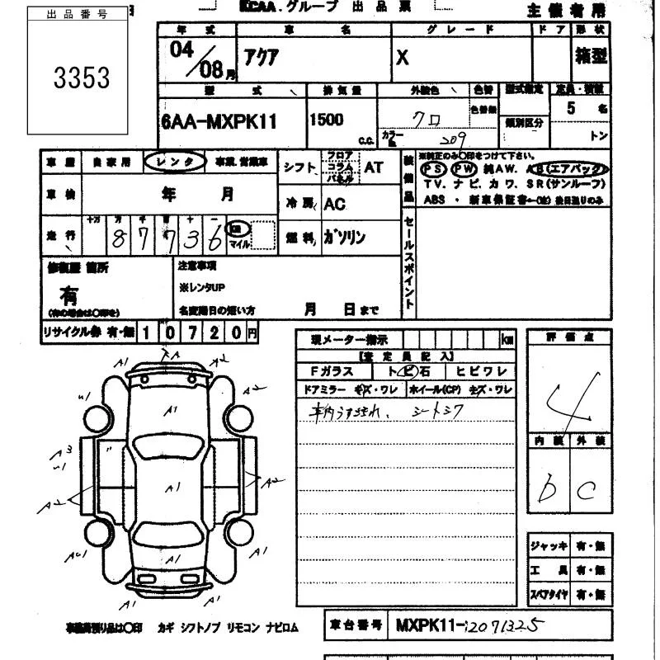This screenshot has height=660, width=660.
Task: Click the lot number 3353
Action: (x=82, y=78)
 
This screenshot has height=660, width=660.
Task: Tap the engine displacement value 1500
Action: (x=327, y=120)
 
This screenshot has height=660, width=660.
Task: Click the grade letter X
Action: (x=403, y=57)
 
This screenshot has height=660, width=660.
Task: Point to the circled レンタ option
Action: (x=175, y=163)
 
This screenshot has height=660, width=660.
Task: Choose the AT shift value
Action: (x=374, y=167)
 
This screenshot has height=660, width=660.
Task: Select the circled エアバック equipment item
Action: (x=577, y=169)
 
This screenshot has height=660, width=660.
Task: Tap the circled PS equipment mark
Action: (x=433, y=169)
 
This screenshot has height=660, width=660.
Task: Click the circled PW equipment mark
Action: (x=464, y=169)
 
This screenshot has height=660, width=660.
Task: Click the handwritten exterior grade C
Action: (x=587, y=491)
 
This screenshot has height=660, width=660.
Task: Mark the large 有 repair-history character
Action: (x=69, y=295)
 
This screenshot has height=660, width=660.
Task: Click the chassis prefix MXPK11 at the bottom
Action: (x=430, y=625)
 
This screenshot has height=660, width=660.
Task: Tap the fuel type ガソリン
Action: (x=345, y=238)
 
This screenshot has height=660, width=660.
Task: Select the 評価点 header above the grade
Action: (x=568, y=337)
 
